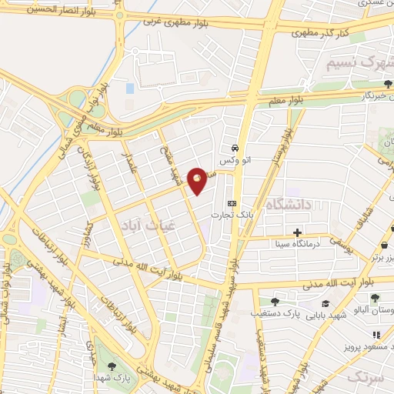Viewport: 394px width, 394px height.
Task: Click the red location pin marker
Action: pyautogui.click(x=198, y=180)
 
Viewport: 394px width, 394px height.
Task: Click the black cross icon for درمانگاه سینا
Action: pyautogui.click(x=297, y=232)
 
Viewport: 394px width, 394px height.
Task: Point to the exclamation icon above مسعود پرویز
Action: pyautogui.click(x=376, y=335)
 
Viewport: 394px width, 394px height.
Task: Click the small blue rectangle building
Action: pyautogui.click(x=129, y=88)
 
